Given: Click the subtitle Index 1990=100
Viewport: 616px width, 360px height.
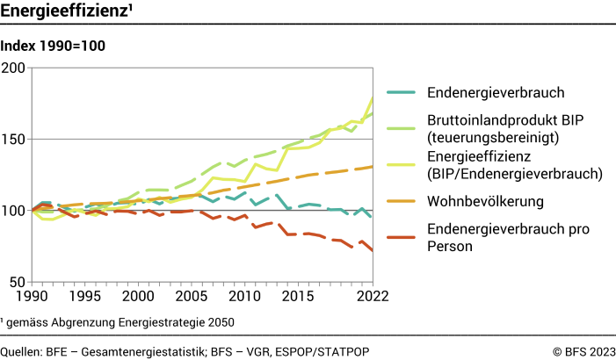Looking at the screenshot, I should [54, 47].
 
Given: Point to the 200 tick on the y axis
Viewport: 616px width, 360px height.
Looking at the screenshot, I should [15, 68].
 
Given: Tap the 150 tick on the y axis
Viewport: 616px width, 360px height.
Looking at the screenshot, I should [15, 139].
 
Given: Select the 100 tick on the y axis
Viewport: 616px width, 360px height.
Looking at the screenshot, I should [15, 211].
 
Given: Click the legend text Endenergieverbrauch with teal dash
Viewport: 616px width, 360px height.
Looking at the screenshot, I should [495, 92].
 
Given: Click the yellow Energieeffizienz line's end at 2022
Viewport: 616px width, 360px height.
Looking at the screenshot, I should [373, 96].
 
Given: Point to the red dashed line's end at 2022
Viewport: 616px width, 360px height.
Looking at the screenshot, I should [373, 251].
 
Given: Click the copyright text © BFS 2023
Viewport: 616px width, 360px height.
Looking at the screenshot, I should [583, 351].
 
